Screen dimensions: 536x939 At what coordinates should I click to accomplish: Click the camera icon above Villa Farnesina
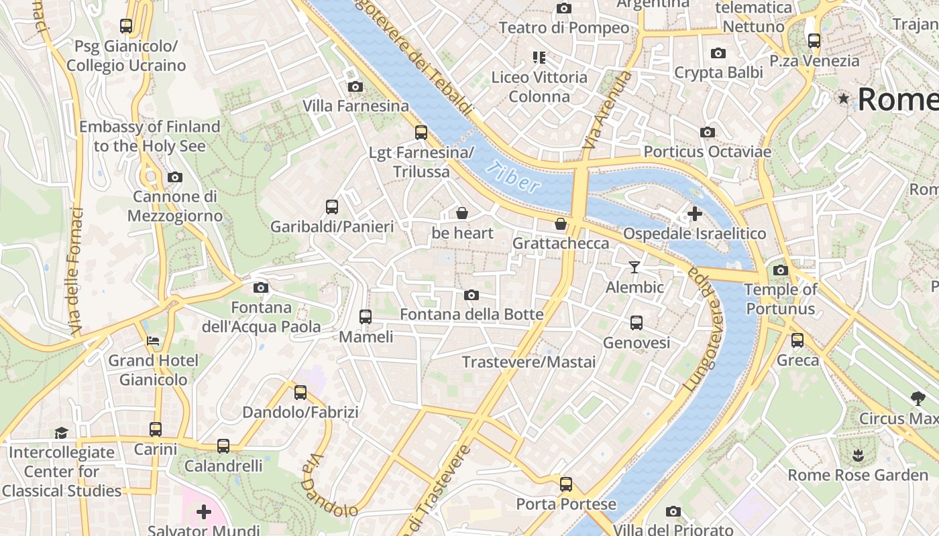355,86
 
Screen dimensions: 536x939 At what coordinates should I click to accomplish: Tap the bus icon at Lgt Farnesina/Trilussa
421,132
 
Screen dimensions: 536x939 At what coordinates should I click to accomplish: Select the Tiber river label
513,177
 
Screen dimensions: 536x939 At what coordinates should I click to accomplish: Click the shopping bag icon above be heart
461,213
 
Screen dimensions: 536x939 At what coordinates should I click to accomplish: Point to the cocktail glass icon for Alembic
634,267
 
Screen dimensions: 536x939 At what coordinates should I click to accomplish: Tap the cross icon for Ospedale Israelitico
694,214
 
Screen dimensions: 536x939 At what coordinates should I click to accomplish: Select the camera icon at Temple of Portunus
780,270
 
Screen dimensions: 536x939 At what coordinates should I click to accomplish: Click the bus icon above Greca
797,340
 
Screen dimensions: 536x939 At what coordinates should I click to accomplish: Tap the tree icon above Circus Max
918,399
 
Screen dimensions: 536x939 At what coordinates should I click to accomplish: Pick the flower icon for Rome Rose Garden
857,456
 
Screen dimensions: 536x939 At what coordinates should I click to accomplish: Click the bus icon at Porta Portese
566,484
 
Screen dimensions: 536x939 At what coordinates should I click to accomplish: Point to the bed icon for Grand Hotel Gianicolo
154,340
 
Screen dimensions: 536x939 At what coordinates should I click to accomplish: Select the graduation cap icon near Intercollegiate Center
61,432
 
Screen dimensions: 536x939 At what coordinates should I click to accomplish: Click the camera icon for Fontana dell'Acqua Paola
261,287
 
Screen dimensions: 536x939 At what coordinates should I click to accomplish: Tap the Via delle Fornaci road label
76,271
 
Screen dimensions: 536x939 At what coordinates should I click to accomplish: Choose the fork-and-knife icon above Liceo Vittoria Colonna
539,58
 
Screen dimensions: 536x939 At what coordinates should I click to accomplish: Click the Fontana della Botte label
472,314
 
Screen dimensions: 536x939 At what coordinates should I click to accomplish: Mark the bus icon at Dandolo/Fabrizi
300,393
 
